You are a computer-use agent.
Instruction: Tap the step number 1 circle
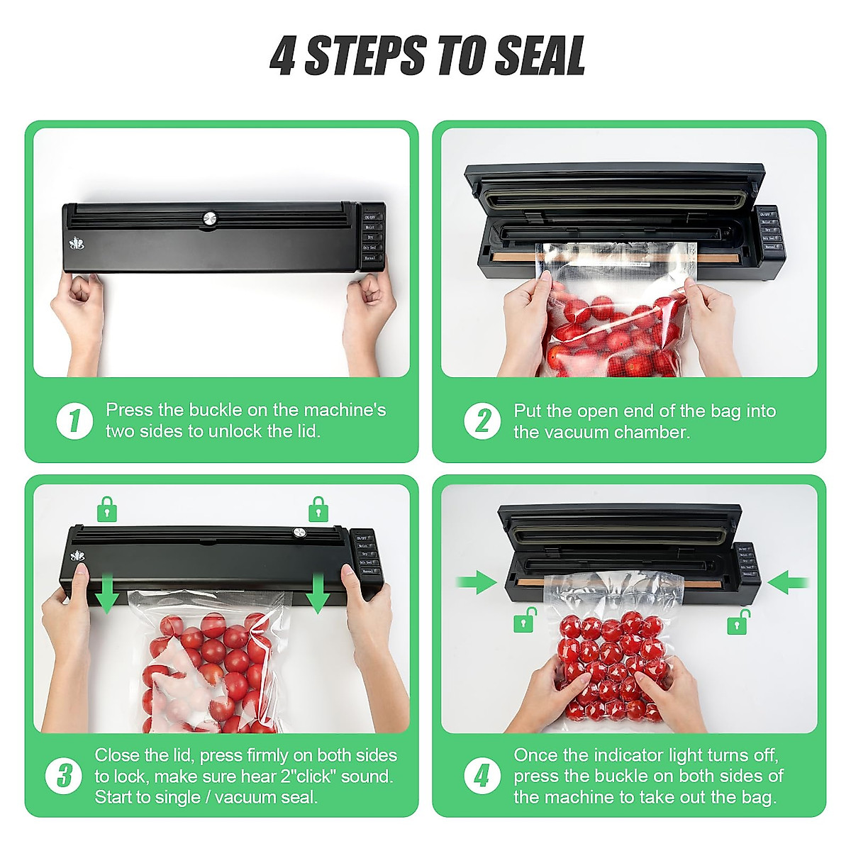[74, 421]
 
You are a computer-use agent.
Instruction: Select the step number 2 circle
[482, 421]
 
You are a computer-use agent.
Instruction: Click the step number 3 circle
[64, 775]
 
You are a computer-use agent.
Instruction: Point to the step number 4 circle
[482, 775]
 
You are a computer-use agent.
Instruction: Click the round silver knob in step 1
[210, 219]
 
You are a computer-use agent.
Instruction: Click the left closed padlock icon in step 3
[107, 509]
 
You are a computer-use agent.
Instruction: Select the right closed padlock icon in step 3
[318, 509]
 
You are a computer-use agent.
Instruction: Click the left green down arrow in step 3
[107, 594]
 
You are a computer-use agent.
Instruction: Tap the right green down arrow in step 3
[317, 594]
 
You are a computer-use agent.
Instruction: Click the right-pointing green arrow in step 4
[476, 582]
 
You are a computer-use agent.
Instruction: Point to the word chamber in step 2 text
[653, 432]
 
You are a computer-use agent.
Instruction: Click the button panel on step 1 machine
[371, 233]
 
